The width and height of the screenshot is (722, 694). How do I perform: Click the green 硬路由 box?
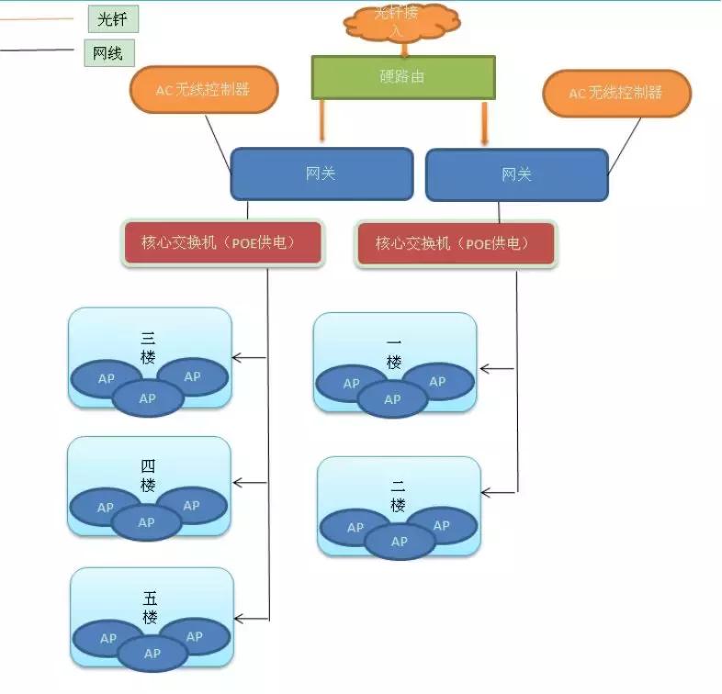tap(402, 77)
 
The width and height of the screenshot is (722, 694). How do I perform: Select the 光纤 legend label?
tap(112, 18)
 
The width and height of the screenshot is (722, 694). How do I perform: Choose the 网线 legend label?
tap(108, 53)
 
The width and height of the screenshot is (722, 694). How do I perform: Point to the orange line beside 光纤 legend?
tap(37, 18)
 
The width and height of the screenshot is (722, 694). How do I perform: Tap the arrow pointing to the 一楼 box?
tap(497, 369)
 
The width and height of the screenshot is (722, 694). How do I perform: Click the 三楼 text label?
tap(148, 347)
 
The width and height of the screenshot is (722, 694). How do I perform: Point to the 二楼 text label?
tap(398, 497)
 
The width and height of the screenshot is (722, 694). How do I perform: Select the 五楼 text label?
tap(151, 608)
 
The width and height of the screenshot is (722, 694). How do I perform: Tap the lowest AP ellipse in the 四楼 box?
tap(147, 523)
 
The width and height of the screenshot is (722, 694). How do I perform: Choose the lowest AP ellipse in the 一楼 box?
tap(392, 399)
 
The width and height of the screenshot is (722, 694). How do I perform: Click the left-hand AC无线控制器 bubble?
tap(204, 90)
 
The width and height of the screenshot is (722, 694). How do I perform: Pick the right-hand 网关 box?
tap(516, 174)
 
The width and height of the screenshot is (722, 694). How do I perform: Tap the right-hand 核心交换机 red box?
tap(456, 243)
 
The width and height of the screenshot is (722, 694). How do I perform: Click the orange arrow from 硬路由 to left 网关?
tap(322, 121)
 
